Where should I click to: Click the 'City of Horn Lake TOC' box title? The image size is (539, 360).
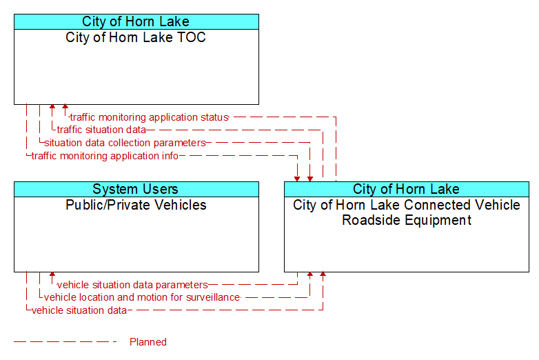136,37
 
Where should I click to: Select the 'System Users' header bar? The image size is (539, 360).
136,189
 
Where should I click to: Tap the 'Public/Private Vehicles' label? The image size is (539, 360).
136,205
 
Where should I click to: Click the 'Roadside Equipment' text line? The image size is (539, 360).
407,220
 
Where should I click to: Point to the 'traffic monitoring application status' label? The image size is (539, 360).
149,117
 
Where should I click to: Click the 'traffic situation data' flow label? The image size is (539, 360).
101,130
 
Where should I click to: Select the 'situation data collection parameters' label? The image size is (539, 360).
125,143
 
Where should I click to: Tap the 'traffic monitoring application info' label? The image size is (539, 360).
105,156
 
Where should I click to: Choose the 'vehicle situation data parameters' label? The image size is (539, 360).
132,285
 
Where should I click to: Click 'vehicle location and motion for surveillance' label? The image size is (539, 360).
142,297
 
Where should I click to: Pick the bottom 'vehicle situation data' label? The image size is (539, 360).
79,310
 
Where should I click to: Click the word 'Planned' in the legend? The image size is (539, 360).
148,342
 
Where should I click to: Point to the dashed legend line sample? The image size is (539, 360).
65,342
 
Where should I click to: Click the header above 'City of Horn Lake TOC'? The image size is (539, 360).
136,21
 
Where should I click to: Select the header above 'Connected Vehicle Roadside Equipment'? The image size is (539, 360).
407,189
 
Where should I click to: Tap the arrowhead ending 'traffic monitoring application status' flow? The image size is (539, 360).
65,107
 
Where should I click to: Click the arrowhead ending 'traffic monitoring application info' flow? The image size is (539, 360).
297,179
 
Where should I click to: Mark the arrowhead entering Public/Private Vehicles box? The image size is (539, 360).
52,274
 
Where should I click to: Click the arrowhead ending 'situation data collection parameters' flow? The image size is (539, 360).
310,179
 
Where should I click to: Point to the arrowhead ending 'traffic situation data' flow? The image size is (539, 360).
52,107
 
